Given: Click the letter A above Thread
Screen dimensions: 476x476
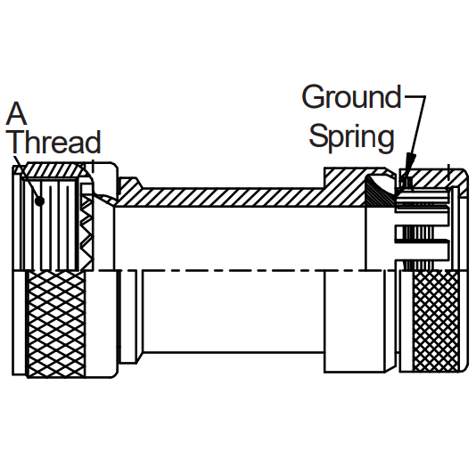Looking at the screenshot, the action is point(16,113).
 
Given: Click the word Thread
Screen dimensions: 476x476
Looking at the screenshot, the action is point(56,142).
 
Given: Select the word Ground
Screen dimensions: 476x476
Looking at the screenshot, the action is point(351,96).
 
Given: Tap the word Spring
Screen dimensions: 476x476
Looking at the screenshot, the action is point(351,137).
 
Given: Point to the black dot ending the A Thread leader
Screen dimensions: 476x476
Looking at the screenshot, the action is point(39,201).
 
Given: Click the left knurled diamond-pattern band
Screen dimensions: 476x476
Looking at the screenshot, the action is point(56,324).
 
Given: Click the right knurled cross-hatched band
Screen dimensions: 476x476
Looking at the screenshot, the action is point(436,321).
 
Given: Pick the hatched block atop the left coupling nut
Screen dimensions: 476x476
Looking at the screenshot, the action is point(54,171).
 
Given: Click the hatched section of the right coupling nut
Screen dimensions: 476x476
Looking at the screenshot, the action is point(431,179).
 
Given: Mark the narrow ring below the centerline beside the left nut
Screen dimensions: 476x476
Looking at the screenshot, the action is point(128,316).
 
